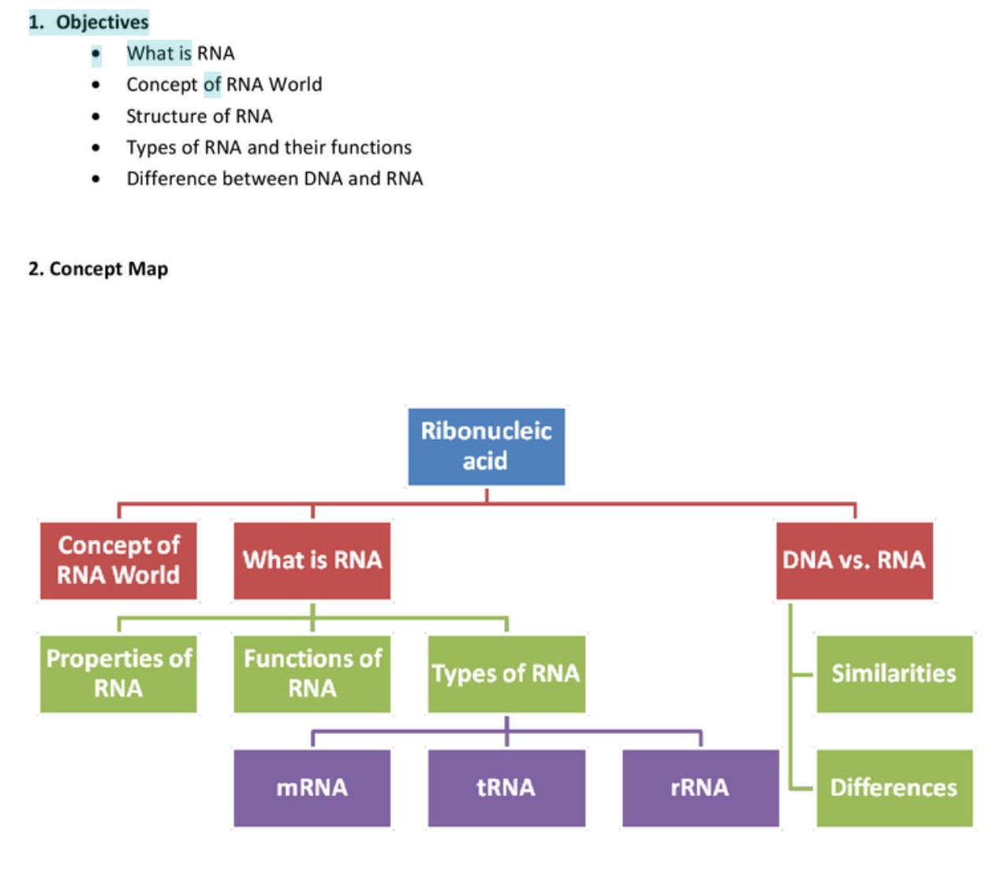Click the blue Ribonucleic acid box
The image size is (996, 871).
(x=486, y=446)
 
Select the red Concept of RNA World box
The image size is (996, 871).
(x=118, y=560)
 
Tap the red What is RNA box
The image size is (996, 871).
(x=312, y=560)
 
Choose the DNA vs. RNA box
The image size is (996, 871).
(x=854, y=560)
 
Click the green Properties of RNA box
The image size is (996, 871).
(x=118, y=674)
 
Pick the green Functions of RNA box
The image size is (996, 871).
(x=312, y=674)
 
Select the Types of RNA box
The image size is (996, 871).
(x=506, y=674)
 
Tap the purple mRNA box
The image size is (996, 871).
(x=312, y=787)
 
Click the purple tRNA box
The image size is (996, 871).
(x=506, y=787)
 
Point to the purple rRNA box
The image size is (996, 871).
(x=700, y=787)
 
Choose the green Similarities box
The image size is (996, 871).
(x=894, y=674)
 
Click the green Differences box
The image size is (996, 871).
(x=894, y=787)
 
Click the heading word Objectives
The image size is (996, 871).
(x=102, y=22)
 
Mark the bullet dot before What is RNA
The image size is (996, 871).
(x=96, y=54)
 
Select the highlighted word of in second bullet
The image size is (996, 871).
(x=212, y=84)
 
